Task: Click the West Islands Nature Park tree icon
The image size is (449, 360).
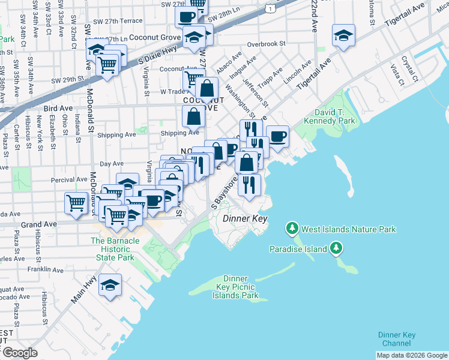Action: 292,228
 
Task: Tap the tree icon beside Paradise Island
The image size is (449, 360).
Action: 336,248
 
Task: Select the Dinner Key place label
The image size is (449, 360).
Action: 244,219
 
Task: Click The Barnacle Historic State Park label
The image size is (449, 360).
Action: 112,249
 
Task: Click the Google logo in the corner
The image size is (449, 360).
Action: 19,353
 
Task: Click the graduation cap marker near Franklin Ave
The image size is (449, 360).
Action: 110,286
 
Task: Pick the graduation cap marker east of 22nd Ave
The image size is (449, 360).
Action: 344,35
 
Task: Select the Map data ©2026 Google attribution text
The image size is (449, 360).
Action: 411,355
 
